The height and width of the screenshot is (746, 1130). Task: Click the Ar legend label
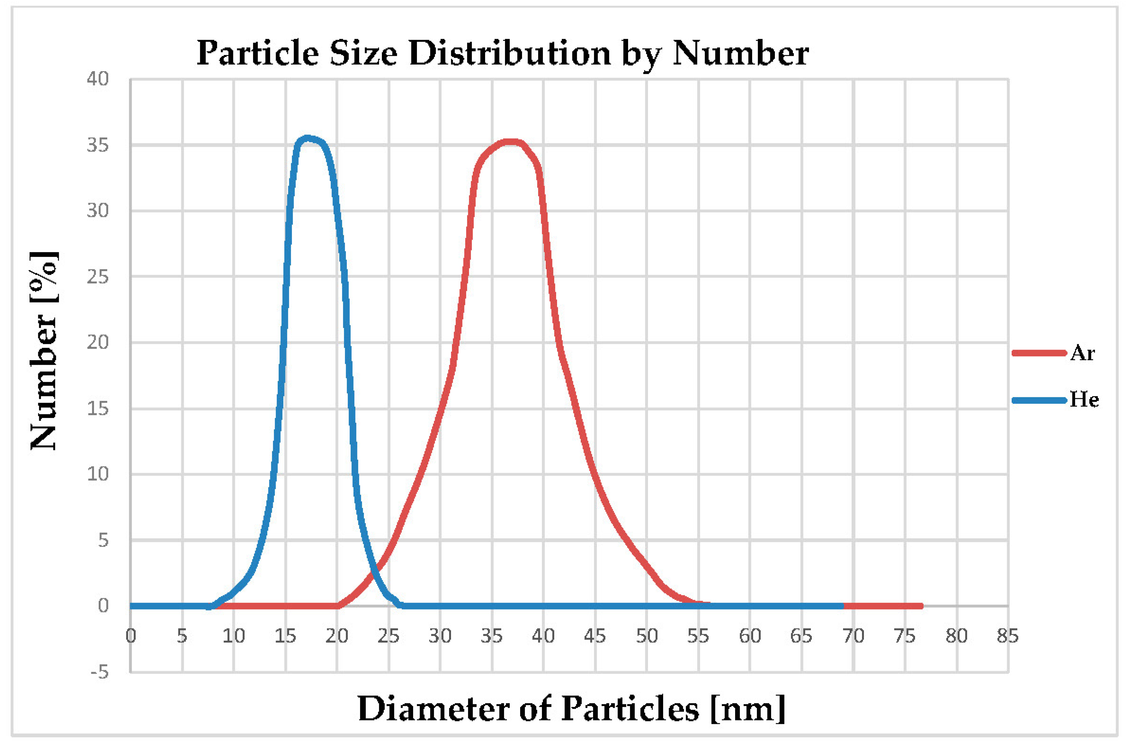[1082, 353]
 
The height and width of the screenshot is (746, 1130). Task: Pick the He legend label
[1084, 400]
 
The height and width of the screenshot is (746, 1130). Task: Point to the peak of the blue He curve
[307, 138]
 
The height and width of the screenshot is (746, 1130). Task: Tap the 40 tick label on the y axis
[98, 79]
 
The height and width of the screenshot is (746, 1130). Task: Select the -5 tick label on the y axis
[99, 672]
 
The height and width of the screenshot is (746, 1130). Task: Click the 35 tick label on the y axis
[98, 145]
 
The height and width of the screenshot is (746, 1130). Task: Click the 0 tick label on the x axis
[131, 636]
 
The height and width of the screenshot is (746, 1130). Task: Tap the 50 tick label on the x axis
[646, 636]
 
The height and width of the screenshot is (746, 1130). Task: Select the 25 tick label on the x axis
[388, 636]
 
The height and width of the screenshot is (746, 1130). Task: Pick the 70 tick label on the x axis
[853, 636]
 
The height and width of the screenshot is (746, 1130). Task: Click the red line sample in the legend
[1039, 353]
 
